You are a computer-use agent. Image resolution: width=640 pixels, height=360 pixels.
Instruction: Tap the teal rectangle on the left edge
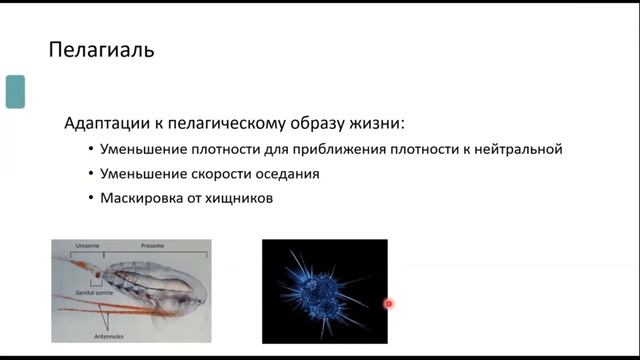(15, 91)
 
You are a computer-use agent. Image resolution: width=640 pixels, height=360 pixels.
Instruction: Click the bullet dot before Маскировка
(90, 198)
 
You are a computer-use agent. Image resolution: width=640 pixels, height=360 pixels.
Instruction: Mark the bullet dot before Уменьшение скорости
(90, 174)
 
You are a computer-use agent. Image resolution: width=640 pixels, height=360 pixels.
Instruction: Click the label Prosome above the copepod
(152, 245)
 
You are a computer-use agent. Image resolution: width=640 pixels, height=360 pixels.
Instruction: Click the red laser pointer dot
(388, 304)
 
